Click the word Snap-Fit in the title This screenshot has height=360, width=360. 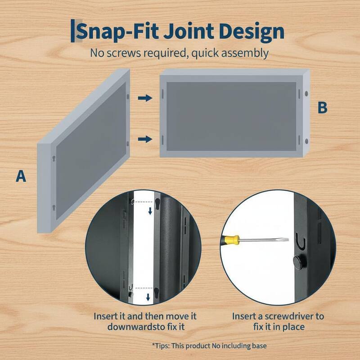pos(117,31)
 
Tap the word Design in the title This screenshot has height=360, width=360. pos(252,32)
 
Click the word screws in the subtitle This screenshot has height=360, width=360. pos(123,53)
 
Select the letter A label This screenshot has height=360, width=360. pos(21,176)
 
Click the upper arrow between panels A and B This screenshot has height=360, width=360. pos(145,98)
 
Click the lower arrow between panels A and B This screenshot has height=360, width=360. pos(145,139)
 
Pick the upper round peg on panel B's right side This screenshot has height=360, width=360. pos(306,94)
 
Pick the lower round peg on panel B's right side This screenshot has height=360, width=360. pos(306,141)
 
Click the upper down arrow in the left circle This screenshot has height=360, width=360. pos(150,211)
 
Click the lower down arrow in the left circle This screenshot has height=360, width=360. pos(148,297)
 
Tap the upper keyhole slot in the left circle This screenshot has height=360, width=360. pos(157,203)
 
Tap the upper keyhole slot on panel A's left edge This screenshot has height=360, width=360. pos(54,158)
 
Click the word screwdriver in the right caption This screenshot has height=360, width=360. pos(289,316)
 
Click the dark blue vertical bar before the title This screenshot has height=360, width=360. pos(72,31)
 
